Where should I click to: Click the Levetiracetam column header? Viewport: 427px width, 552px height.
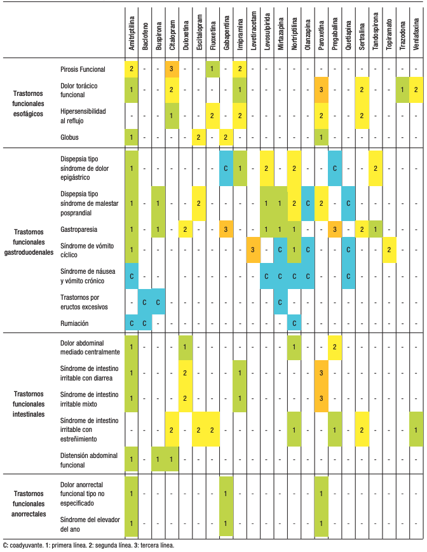click(x=252, y=32)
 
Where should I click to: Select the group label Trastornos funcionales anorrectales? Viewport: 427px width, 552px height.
click(x=29, y=504)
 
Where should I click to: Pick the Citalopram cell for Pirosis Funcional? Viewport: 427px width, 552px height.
click(x=172, y=68)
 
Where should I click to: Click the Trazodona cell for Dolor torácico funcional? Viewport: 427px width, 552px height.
click(x=402, y=90)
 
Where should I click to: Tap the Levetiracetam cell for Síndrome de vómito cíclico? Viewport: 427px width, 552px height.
click(x=252, y=250)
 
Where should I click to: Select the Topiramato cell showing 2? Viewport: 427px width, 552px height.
click(x=389, y=250)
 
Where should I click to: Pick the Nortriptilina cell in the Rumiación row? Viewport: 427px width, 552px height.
click(x=294, y=323)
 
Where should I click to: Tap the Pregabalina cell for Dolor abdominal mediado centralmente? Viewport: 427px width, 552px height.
click(x=334, y=347)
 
